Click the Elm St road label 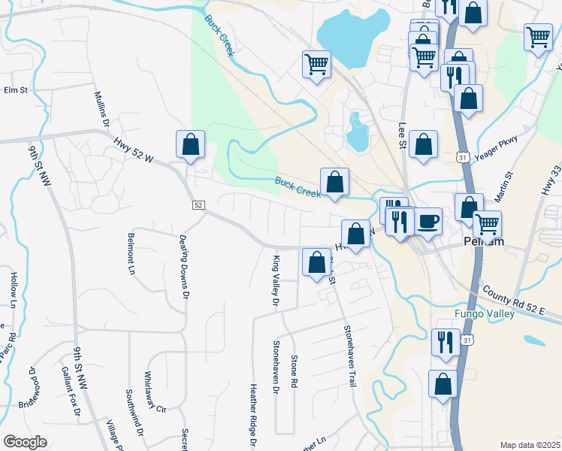[x=15, y=90]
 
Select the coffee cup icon [x=428, y=222]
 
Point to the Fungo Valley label [x=484, y=313]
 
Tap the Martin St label [x=509, y=185]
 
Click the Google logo [x=26, y=442]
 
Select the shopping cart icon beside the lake [x=316, y=65]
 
